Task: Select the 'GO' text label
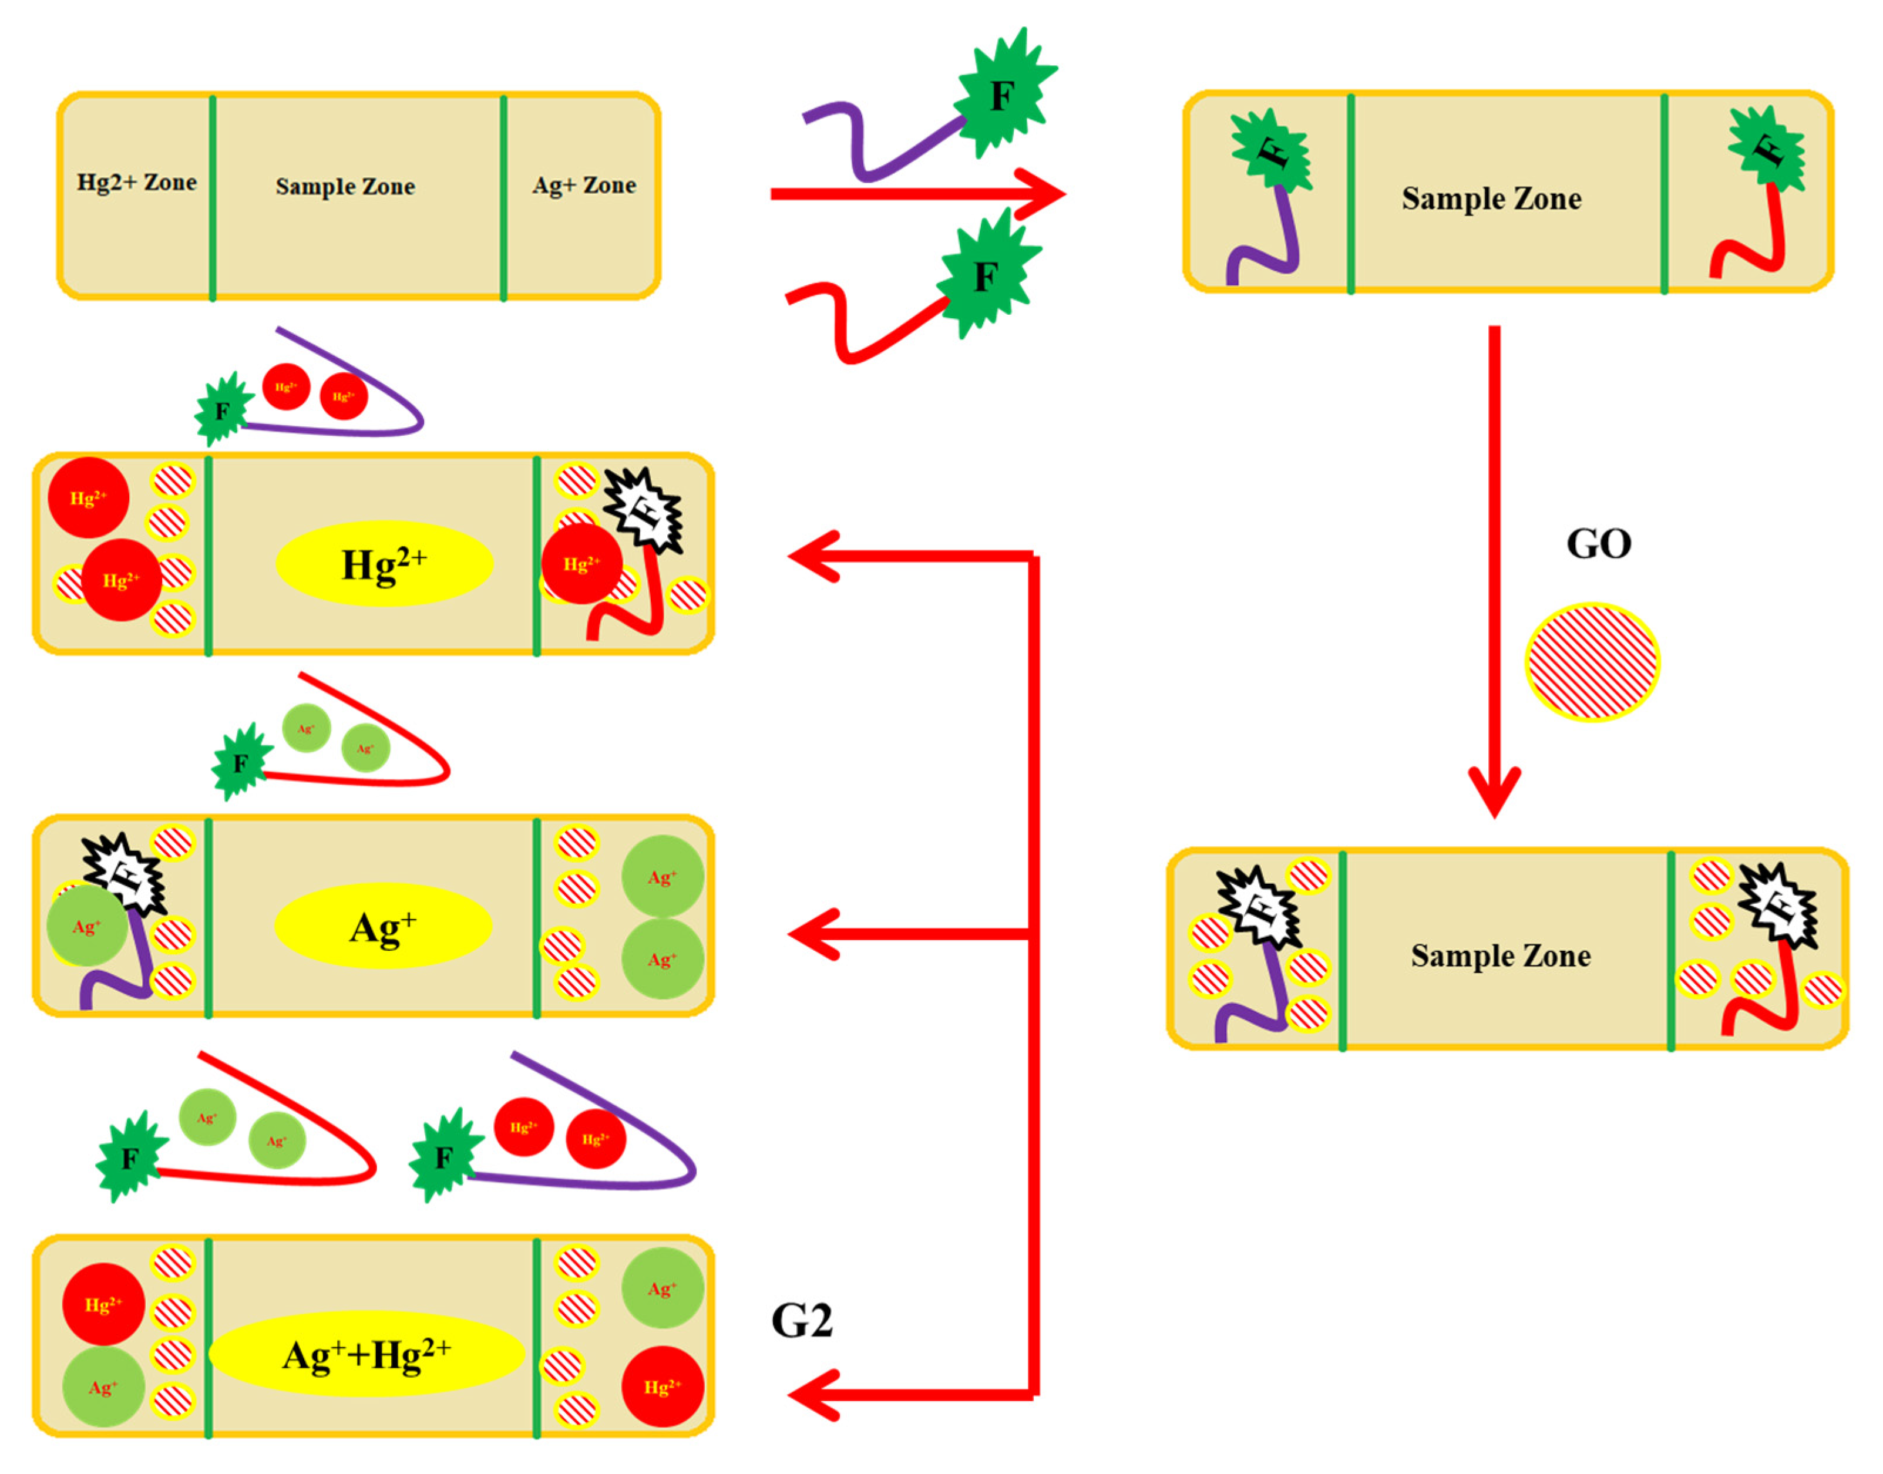coord(1598,544)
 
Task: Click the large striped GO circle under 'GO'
coord(1592,662)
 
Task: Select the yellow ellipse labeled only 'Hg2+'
coord(384,564)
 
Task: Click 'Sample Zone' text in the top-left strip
coord(345,186)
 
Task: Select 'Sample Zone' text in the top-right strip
coord(1491,198)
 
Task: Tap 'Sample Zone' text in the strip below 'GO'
coord(1501,956)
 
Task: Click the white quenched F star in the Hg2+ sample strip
coord(644,509)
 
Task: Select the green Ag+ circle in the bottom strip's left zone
coord(103,1388)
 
